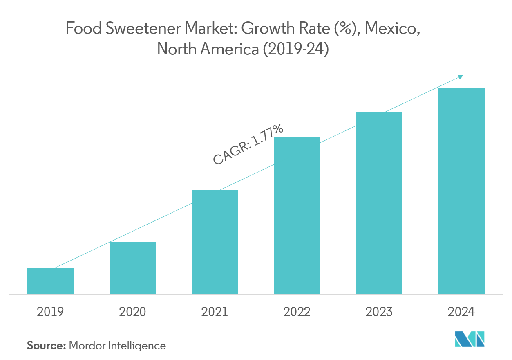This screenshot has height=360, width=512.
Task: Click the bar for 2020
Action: [x=132, y=268]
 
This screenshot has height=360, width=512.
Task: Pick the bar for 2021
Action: [x=215, y=242]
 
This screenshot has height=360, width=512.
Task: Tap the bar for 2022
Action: [x=297, y=216]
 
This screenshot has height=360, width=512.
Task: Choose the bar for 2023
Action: [x=379, y=202]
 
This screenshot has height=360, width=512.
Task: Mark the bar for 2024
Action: [x=461, y=191]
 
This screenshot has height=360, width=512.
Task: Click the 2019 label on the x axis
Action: [x=50, y=312]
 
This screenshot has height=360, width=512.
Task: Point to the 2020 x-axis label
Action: [x=132, y=312]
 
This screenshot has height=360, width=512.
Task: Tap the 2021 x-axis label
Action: [x=215, y=312]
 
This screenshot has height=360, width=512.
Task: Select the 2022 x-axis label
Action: [x=297, y=312]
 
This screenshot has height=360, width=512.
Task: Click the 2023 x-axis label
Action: [x=379, y=312]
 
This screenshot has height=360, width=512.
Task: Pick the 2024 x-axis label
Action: [x=461, y=312]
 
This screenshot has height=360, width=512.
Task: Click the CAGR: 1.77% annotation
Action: [x=248, y=145]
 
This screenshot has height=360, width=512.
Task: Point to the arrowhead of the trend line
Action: [x=461, y=76]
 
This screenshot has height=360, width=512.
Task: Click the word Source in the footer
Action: [x=46, y=346]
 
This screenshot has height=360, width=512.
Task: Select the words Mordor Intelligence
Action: [x=118, y=346]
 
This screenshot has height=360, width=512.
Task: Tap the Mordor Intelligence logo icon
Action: [x=470, y=339]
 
